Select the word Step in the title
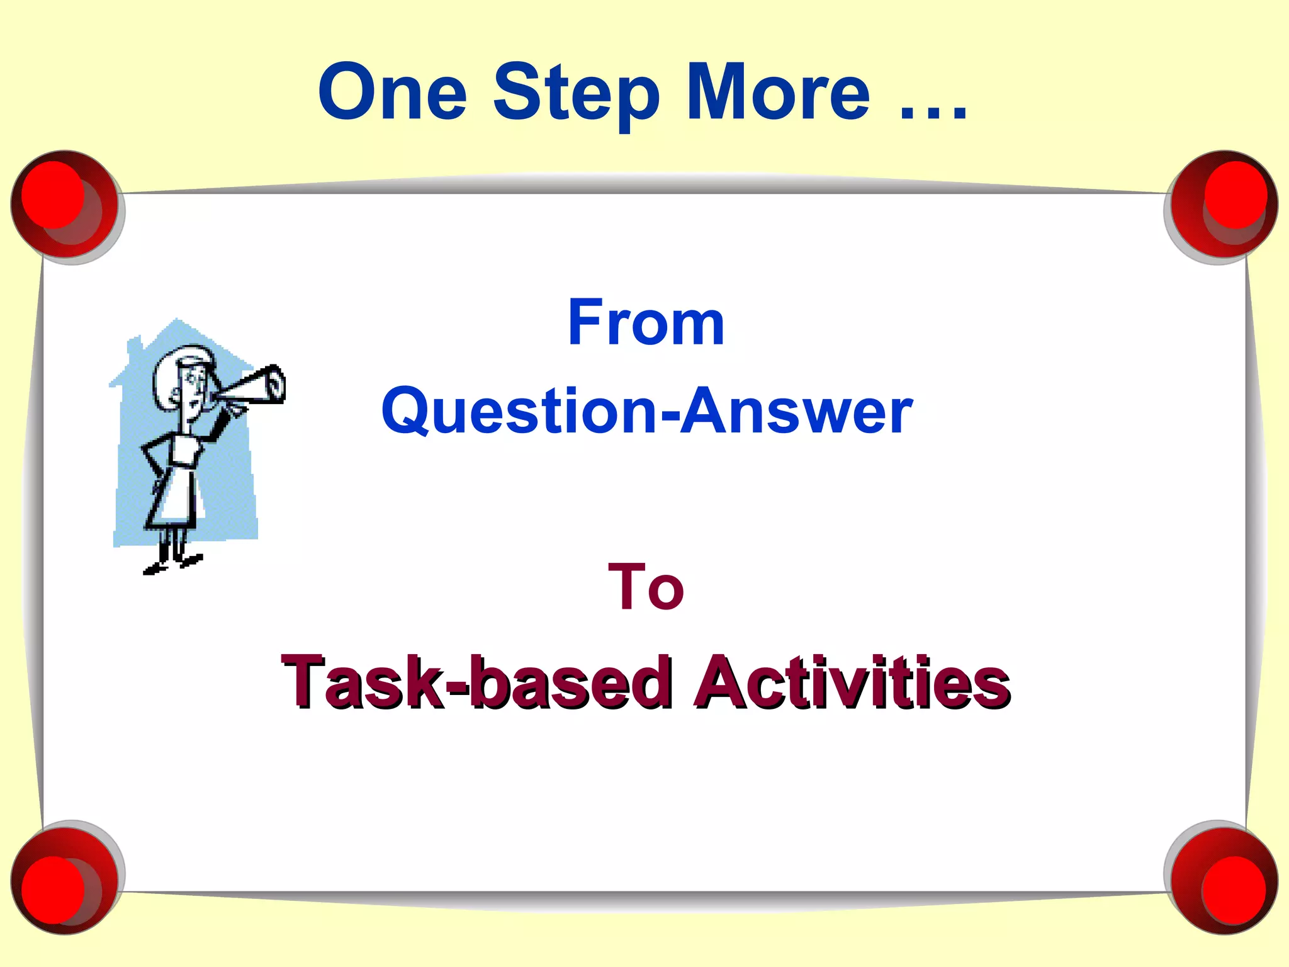click(575, 94)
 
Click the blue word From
click(646, 322)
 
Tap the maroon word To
click(646, 587)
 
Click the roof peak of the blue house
click(178, 322)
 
